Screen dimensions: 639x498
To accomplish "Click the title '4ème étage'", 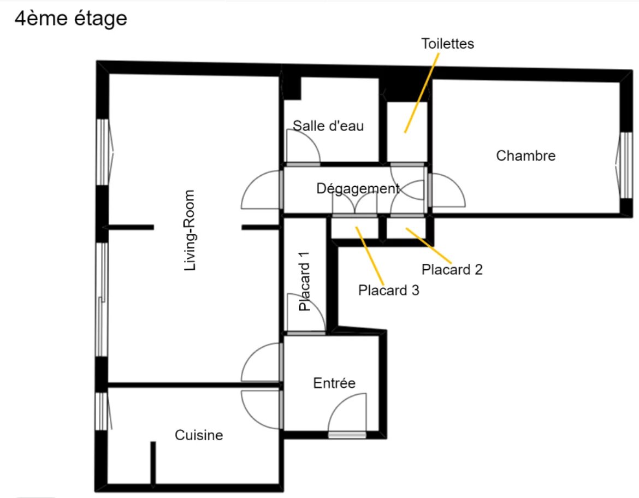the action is point(71,19).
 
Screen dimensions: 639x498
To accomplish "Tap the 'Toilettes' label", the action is point(447,44).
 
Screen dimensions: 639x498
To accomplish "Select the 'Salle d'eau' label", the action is point(328,126).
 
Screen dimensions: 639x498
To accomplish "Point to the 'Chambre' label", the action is point(526,156).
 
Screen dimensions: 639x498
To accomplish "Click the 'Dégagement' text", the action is point(358,189).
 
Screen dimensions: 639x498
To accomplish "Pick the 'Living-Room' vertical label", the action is point(190,230).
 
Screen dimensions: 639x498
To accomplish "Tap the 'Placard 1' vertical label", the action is point(304,281).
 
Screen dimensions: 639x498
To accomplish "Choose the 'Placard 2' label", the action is point(452,269).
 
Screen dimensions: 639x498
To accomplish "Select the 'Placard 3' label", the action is point(388,290).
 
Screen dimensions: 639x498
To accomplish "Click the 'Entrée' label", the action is point(334,383).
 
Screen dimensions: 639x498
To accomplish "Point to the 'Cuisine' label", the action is point(199,435).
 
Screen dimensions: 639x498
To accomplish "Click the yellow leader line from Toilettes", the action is point(422,93).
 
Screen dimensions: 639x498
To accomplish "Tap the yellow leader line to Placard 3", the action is point(370,256).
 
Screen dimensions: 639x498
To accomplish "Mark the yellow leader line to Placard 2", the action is point(429,246).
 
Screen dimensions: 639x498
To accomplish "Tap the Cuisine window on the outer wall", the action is point(102,411).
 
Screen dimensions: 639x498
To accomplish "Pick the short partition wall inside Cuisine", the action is point(153,464).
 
